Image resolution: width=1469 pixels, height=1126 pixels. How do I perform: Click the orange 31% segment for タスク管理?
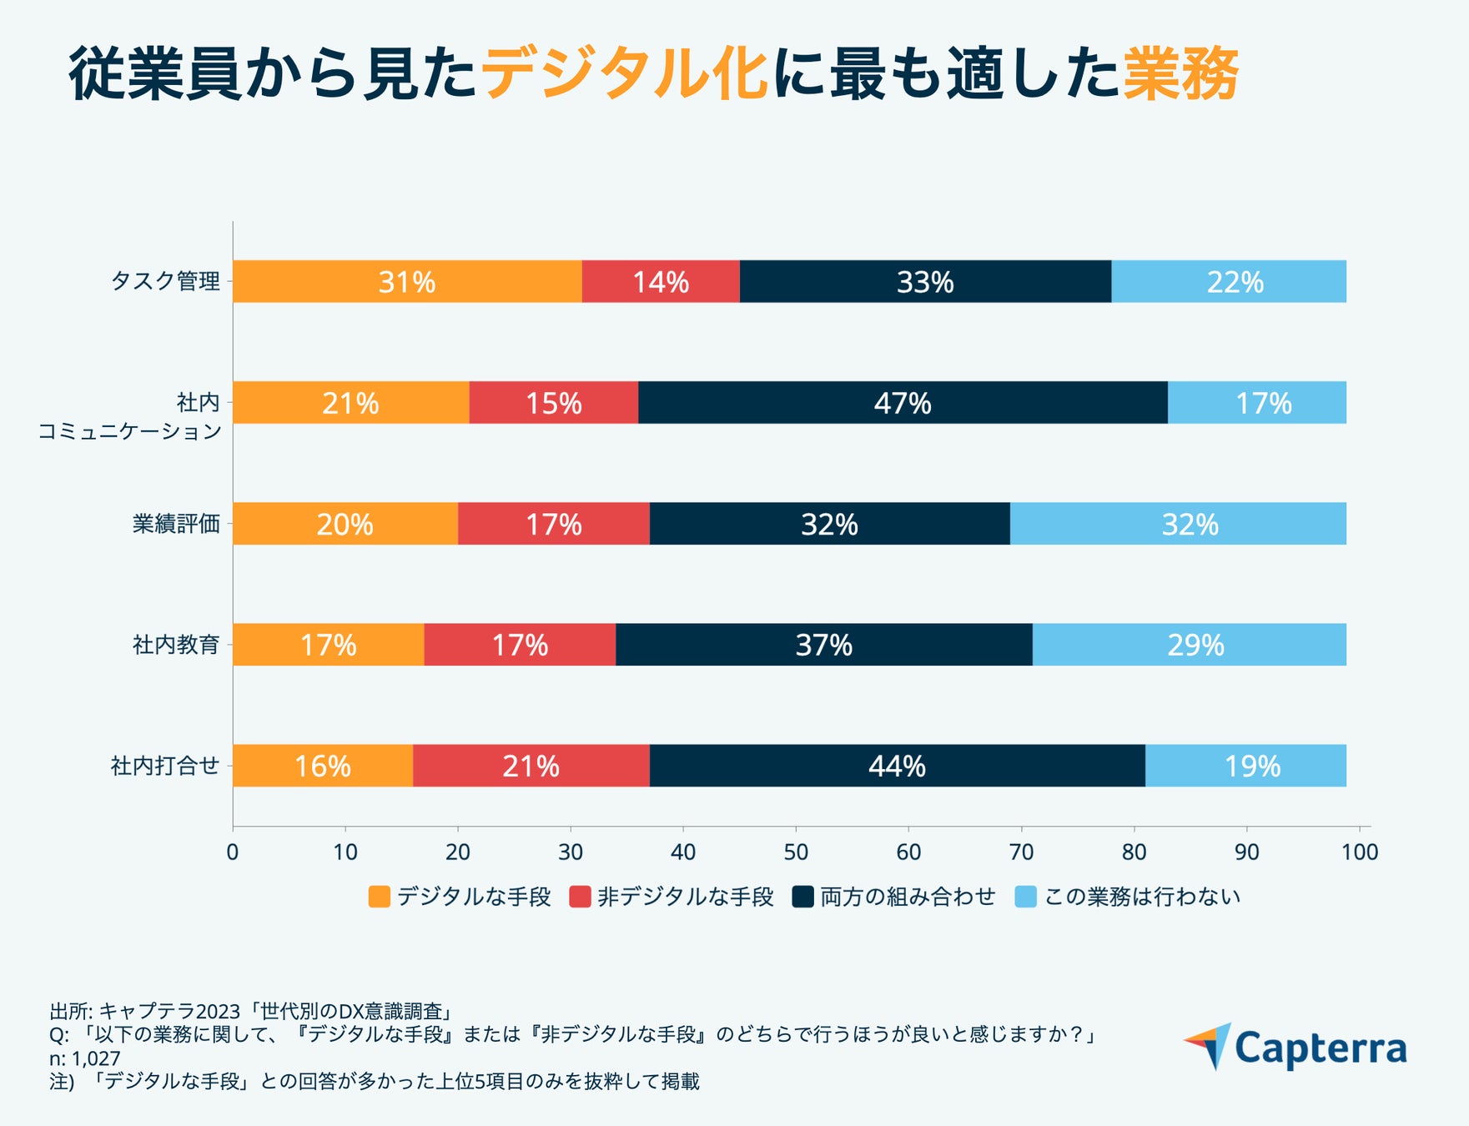[407, 282]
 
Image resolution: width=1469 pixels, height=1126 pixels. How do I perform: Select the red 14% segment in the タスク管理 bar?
[661, 282]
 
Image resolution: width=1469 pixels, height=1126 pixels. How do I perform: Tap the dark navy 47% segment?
[903, 403]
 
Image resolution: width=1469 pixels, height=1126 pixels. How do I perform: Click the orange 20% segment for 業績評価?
[345, 524]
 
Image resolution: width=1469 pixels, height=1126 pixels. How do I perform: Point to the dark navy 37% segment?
[824, 645]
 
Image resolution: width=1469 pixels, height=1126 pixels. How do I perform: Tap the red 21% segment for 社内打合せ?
[531, 766]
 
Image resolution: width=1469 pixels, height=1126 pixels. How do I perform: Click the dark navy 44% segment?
[897, 766]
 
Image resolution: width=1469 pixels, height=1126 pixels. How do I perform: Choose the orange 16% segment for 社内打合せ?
[323, 766]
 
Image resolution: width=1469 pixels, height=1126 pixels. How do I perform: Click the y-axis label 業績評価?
[176, 524]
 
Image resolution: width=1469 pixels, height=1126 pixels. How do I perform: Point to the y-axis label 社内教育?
[176, 645]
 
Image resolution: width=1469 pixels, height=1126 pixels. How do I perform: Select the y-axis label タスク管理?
[166, 282]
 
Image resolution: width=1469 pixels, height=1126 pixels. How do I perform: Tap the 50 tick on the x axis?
[796, 852]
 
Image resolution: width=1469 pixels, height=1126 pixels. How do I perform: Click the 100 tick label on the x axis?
[1360, 852]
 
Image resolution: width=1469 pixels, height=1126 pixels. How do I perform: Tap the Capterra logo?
[1295, 1048]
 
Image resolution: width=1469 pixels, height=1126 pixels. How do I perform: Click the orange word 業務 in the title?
[1180, 75]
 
